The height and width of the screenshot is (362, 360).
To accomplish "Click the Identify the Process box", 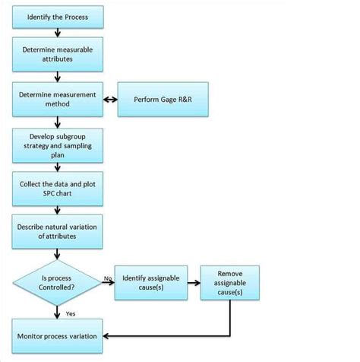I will (56, 17).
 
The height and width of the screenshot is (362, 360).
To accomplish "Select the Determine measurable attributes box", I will (56, 55).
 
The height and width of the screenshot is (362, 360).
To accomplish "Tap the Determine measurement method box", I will (56, 100).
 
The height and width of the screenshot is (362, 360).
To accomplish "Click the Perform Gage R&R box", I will (162, 100).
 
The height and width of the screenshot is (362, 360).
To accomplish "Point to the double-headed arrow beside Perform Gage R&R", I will (110, 100).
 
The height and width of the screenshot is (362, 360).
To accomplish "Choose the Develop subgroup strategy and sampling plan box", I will (56, 144).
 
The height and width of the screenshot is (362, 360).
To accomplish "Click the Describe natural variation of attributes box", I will (56, 230).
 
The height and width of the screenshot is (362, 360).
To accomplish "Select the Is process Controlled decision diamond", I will (56, 283).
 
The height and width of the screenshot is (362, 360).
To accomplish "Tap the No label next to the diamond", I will (108, 278).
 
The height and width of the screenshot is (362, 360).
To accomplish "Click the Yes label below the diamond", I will (70, 313).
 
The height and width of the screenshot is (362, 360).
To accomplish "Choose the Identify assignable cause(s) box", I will (153, 283).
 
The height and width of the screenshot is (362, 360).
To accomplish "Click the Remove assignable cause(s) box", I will (229, 282).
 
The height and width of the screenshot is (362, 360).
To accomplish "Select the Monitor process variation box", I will (56, 335).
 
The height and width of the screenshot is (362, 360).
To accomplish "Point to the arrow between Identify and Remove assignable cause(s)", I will (195, 283).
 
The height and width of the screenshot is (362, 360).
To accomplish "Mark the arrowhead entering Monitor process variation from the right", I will (106, 335).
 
